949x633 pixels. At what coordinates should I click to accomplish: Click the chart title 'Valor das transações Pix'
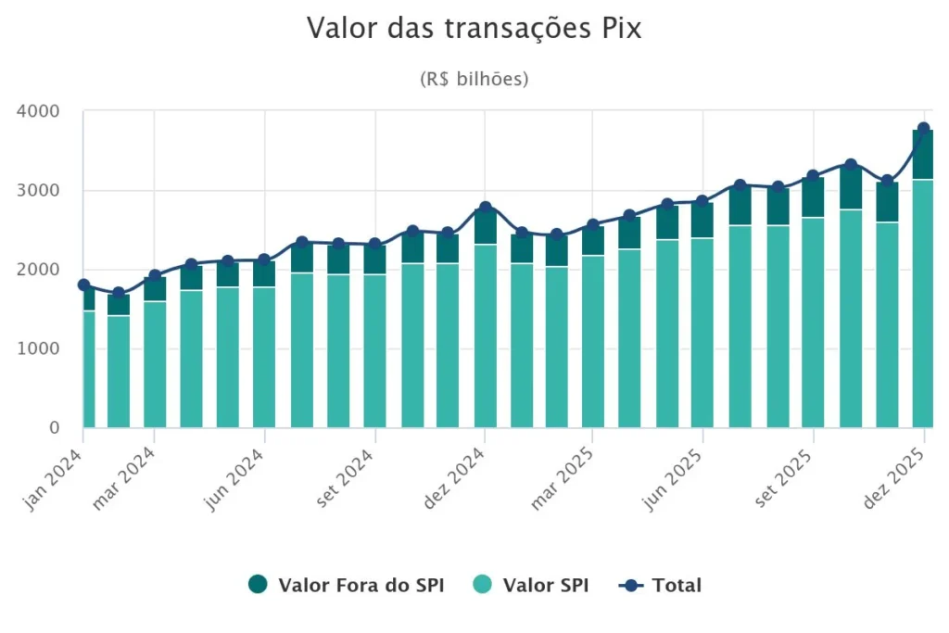tap(474, 29)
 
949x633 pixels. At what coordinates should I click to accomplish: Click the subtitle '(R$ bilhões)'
tap(474, 79)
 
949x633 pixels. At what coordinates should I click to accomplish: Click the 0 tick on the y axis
tap(54, 428)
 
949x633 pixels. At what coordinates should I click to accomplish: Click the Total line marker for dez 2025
tap(924, 129)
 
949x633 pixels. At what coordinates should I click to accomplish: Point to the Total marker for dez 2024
tap(485, 208)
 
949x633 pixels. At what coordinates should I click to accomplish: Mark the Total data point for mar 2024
tap(155, 276)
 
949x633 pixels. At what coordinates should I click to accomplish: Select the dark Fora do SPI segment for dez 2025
tap(923, 155)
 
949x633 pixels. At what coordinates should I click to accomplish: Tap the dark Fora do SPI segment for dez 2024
tap(485, 226)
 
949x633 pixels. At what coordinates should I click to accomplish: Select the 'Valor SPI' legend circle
tap(483, 585)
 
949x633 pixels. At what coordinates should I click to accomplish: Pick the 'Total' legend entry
tap(662, 585)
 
